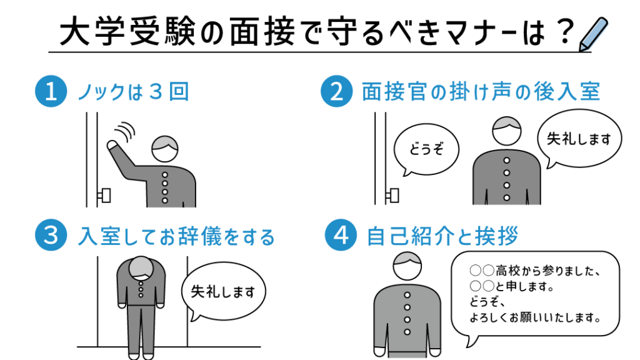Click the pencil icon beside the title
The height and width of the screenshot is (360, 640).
click(x=594, y=35)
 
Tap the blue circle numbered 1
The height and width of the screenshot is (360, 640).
click(x=51, y=91)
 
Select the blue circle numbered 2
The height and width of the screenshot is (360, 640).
click(x=336, y=91)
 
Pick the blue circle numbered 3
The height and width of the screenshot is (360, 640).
click(x=51, y=235)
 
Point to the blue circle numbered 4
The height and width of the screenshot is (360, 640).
click(x=341, y=235)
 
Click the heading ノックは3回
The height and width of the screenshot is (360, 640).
click(x=134, y=91)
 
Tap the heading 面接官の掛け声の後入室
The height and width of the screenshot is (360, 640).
click(x=481, y=91)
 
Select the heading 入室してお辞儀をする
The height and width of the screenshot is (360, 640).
click(x=176, y=236)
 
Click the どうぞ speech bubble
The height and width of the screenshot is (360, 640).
click(x=426, y=150)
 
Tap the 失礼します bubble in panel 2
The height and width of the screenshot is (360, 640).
click(x=579, y=139)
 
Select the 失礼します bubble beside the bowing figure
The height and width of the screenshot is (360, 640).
click(x=223, y=291)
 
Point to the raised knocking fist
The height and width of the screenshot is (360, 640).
click(x=112, y=146)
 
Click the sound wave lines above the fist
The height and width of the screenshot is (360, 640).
click(x=125, y=131)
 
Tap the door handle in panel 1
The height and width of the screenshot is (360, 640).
click(x=104, y=196)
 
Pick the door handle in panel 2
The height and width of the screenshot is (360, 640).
click(x=392, y=196)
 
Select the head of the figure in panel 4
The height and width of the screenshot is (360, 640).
click(x=407, y=266)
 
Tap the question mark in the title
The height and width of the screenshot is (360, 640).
click(x=565, y=31)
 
